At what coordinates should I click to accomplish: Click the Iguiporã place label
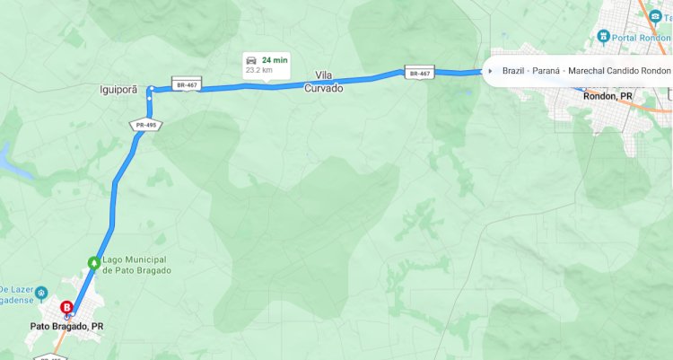click(119, 90)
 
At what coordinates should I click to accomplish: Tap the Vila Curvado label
click(324, 82)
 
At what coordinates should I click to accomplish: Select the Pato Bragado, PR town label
click(66, 327)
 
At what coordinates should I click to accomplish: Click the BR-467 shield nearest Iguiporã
click(186, 84)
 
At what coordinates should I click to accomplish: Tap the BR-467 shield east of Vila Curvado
click(418, 72)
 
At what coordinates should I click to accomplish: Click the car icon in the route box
click(251, 59)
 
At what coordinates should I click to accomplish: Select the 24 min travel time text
click(275, 59)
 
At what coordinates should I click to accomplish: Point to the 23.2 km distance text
click(258, 69)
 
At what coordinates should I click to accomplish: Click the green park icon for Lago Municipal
click(92, 263)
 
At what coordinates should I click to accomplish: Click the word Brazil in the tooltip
click(513, 70)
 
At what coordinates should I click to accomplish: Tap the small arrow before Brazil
click(490, 70)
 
